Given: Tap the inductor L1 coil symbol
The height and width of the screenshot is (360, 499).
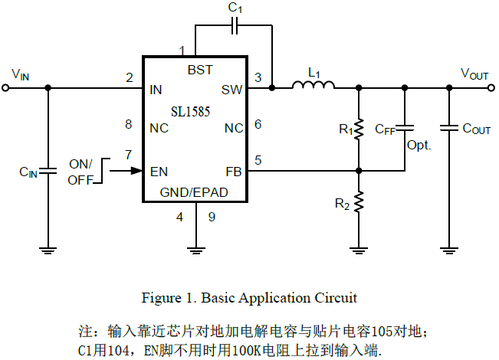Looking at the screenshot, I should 313,87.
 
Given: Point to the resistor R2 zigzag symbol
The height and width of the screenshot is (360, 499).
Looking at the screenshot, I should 358,204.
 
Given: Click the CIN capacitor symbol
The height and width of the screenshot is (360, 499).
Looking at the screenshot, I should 48,171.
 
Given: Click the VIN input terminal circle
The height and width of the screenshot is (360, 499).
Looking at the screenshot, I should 7,88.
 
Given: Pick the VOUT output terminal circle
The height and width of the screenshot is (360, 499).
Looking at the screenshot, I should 491,88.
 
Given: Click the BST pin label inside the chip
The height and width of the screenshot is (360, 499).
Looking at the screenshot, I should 200,70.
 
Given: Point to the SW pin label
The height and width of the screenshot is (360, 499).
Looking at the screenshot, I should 231,90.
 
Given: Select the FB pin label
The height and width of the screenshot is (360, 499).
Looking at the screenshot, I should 234,171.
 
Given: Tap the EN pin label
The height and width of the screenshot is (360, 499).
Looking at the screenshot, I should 159,171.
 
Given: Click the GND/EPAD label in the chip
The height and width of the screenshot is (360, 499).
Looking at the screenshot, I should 194,192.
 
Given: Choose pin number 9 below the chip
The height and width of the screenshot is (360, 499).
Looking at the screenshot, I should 212,217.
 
